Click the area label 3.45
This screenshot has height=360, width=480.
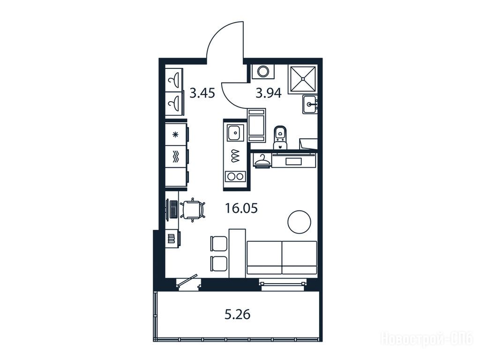[202, 93]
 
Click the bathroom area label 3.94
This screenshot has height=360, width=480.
[269, 93]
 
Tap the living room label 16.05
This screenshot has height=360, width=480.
[241, 209]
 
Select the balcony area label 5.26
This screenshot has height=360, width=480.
[238, 315]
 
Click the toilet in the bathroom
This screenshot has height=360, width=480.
[279, 138]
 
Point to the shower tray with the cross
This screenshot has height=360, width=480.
[302, 79]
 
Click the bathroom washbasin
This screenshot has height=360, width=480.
[310, 104]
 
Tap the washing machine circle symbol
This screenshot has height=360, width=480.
[262, 72]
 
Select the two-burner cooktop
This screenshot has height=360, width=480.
[235, 176]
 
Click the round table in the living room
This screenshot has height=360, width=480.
[300, 222]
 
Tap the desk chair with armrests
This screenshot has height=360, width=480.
[193, 210]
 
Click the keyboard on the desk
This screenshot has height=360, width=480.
[173, 210]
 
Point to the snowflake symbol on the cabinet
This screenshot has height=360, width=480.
[175, 135]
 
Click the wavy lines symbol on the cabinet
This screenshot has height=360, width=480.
[175, 156]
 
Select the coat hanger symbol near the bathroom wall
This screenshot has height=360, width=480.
[262, 159]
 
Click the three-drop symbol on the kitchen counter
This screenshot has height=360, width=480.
[235, 156]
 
